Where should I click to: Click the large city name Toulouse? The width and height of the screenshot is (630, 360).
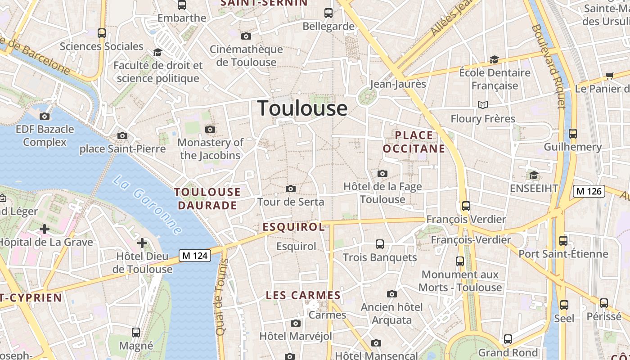pos(302,108)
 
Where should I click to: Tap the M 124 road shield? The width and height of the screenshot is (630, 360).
pos(195,256)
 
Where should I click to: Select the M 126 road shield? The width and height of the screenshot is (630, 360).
pos(588,191)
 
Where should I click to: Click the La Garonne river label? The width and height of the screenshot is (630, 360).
pos(147,205)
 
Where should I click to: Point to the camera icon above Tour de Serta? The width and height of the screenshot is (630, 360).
pos(291,189)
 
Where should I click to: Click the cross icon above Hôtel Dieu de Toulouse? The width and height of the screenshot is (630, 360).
pos(142,243)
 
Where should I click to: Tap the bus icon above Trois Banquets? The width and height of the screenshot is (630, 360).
pos(380,244)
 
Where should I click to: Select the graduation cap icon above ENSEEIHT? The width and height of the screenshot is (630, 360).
pos(534,175)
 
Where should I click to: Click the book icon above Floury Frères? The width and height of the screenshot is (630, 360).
pos(483,105)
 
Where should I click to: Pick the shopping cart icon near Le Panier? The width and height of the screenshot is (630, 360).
pos(609,76)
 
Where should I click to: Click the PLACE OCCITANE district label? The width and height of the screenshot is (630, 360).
pos(414,142)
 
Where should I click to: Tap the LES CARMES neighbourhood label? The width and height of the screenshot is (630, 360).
pos(303,296)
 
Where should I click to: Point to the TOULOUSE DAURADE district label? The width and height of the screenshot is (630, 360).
pos(207,198)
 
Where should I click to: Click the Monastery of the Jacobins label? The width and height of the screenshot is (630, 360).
pos(211,149)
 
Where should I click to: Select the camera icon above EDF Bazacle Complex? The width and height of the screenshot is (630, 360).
pos(45,116)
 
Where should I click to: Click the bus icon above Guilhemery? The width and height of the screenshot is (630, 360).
pos(572,133)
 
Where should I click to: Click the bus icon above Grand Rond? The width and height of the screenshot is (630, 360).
pos(508,339)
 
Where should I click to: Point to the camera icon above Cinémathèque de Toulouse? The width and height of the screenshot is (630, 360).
pos(246,36)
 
